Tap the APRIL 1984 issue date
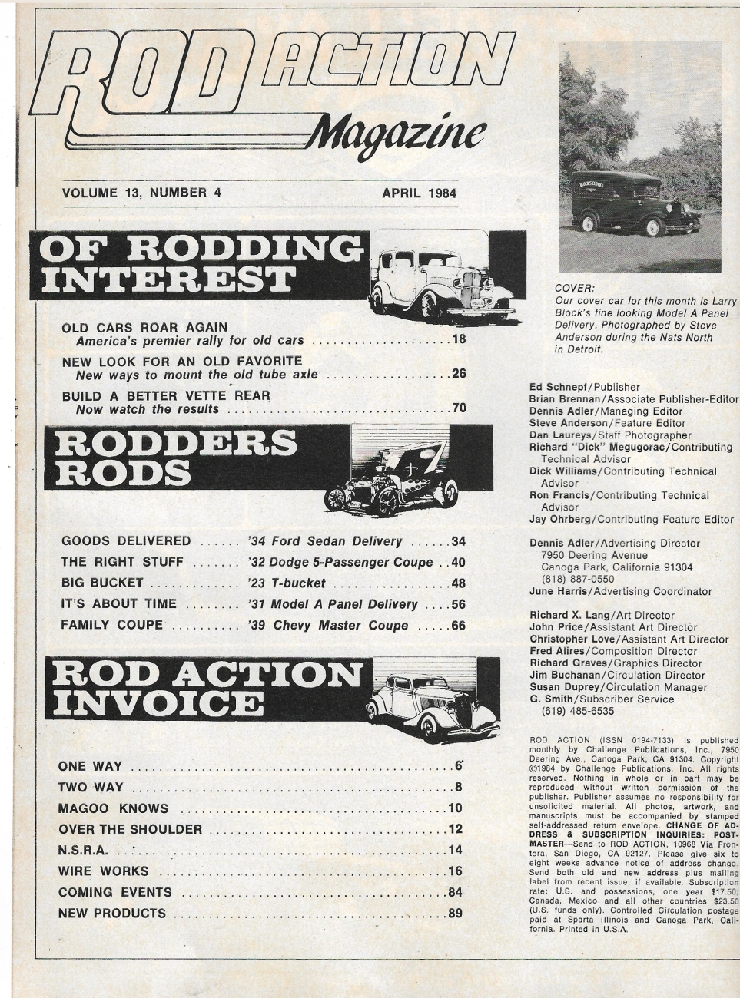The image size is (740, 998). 419,193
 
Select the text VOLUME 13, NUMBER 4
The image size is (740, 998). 141,193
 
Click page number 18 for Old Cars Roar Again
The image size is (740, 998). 459,339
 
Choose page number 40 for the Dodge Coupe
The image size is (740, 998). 459,562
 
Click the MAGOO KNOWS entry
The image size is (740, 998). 113,808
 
